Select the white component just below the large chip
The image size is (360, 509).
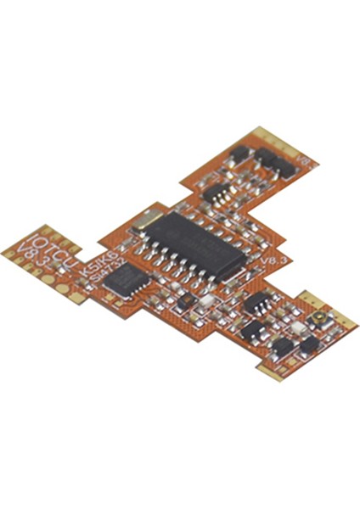[207, 302]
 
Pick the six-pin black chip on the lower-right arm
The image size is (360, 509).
[256, 305]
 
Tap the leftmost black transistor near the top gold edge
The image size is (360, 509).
[240, 154]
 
